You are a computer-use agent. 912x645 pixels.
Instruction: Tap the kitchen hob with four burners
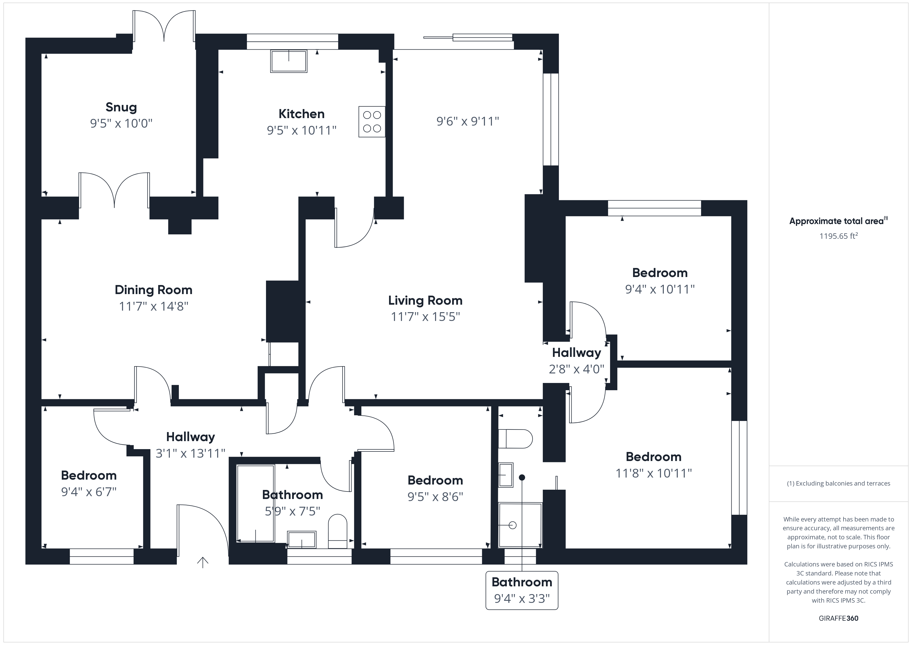tap(372, 121)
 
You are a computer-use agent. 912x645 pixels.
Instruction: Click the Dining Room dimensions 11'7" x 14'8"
tap(154, 306)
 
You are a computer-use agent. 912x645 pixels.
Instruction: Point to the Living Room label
tap(425, 300)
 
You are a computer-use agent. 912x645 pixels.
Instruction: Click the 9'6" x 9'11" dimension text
tap(468, 121)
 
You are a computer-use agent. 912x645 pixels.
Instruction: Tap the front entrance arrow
tap(203, 562)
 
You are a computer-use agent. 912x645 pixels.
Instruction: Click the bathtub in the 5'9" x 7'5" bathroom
tap(255, 503)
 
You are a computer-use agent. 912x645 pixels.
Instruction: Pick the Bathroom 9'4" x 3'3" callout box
tap(522, 590)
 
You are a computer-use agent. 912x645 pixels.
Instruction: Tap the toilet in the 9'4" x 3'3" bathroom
tap(515, 439)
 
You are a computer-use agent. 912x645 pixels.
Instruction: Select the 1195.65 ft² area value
tap(839, 236)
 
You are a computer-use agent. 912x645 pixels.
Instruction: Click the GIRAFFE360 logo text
tap(839, 618)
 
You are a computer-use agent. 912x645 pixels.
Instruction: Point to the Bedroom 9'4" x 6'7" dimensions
tap(89, 492)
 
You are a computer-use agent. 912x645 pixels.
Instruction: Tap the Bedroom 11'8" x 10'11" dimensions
tap(654, 473)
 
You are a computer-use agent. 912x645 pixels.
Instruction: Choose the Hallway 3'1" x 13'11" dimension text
tap(191, 453)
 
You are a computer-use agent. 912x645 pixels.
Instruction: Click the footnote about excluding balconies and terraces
tap(839, 483)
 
